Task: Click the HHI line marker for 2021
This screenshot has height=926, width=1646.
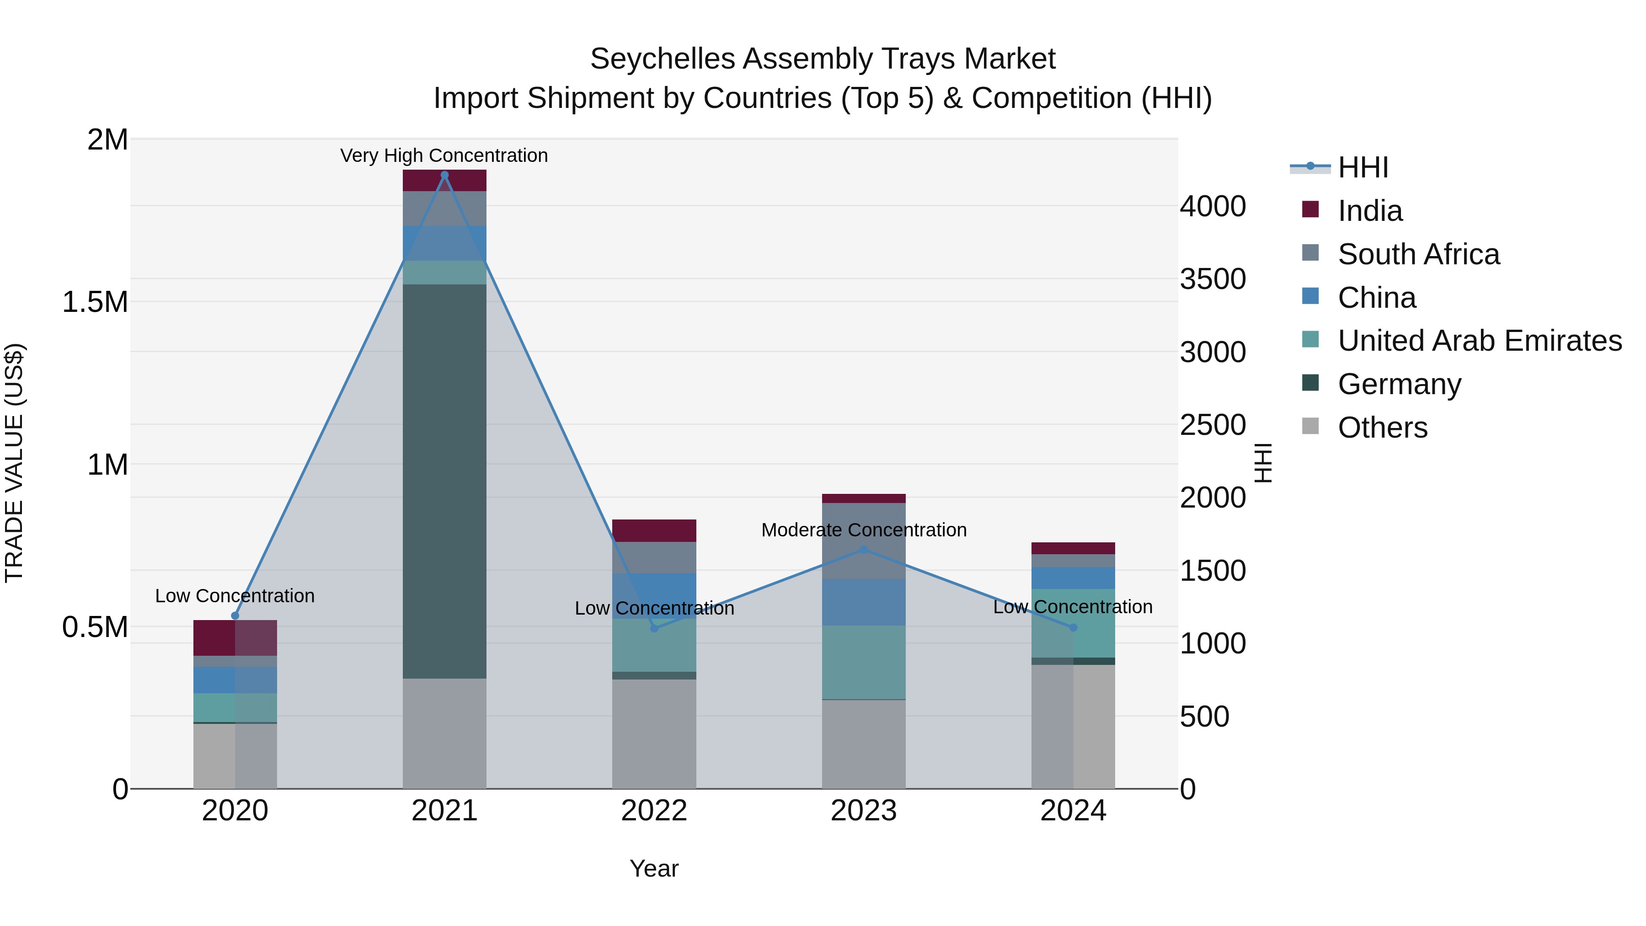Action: tap(445, 175)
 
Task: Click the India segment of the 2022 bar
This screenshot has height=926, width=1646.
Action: tap(654, 530)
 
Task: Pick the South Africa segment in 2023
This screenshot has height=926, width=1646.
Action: tap(863, 541)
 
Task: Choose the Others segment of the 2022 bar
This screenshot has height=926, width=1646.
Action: tap(654, 733)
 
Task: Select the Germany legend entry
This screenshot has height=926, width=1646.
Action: tap(1400, 384)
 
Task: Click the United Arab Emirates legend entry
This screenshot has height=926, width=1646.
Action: tap(1479, 341)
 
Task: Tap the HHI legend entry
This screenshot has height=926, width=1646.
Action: tap(1363, 167)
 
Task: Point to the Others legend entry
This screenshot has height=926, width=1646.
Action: tap(1382, 428)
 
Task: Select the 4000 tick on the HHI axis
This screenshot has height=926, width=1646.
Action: tap(1212, 206)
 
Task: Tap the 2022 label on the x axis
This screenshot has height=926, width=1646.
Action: tap(654, 811)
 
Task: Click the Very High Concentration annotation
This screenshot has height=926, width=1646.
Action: tap(444, 155)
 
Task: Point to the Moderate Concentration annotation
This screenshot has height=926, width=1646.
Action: tap(863, 530)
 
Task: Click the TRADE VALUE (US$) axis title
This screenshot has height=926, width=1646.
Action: tap(15, 463)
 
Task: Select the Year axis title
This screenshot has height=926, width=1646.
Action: tap(654, 868)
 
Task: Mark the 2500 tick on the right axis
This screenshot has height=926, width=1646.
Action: tap(1212, 425)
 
